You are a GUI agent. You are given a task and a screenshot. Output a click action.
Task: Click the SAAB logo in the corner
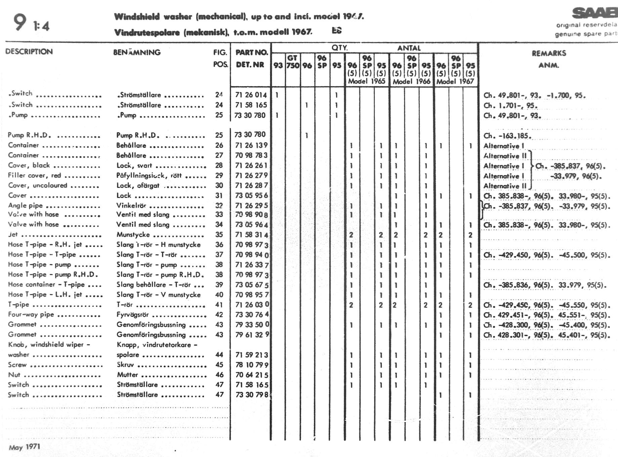[594, 13]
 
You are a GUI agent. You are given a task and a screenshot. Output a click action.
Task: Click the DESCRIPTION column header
[29, 52]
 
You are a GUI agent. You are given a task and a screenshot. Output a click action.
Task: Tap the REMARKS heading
[548, 53]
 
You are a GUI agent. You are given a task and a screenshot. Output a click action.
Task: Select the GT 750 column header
[293, 62]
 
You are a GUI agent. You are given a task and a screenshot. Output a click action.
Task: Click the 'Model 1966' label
[411, 81]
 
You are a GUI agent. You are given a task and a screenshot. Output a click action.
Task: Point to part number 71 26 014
[251, 95]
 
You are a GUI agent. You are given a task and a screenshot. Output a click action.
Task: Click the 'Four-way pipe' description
[31, 315]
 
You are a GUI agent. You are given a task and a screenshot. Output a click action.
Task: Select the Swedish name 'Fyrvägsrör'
[133, 315]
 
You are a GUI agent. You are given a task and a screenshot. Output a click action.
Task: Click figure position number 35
[219, 235]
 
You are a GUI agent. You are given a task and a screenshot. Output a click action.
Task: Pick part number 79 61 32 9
[252, 335]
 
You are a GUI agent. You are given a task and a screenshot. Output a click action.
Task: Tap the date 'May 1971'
[24, 447]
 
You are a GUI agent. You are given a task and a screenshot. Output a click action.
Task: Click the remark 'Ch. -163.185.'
[507, 136]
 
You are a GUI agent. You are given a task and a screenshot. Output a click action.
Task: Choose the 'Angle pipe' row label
[25, 206]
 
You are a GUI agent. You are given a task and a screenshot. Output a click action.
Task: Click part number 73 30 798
[252, 395]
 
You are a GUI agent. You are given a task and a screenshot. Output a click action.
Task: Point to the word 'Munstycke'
[133, 235]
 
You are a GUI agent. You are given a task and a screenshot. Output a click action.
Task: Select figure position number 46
[219, 375]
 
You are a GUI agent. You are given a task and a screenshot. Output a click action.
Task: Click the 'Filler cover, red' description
[34, 175]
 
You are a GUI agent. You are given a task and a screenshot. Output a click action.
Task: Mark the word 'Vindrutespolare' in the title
[147, 33]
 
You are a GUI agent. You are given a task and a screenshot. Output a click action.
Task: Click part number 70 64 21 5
[252, 375]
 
